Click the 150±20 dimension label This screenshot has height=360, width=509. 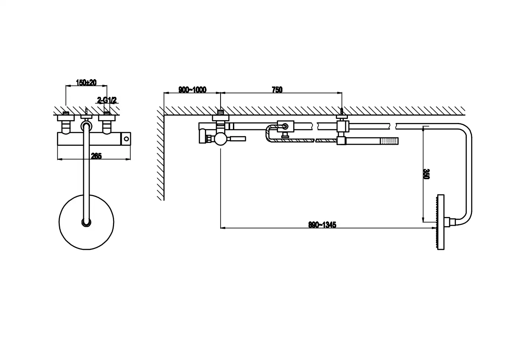(86, 82)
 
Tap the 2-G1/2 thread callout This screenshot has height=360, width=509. (107, 100)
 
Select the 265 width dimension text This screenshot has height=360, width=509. (96, 156)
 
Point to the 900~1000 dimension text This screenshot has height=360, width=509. (192, 90)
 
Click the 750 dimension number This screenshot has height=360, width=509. (277, 90)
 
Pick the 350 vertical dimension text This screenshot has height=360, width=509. (426, 174)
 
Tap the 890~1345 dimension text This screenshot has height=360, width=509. (322, 225)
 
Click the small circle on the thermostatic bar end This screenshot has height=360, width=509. (126, 139)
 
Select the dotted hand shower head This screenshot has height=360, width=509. (389, 141)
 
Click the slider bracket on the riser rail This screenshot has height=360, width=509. (285, 127)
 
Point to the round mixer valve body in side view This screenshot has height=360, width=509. (221, 139)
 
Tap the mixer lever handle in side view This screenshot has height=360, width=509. (238, 139)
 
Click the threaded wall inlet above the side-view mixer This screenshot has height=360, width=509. (221, 112)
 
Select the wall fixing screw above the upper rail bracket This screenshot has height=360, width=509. (342, 112)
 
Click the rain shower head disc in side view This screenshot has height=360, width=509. (440, 222)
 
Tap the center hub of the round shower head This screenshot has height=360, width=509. (86, 223)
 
